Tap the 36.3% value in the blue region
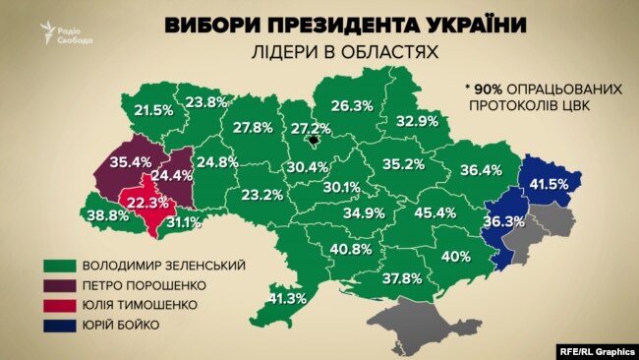503,221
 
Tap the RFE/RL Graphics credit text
593,347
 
